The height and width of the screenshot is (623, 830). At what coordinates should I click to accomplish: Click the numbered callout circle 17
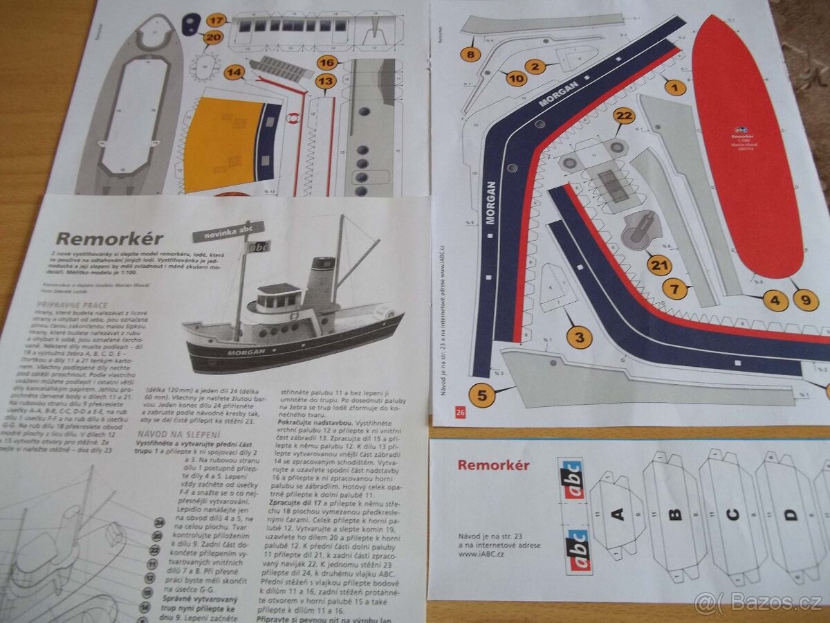pos(218,19)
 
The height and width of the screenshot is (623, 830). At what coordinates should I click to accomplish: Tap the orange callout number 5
pos(482,395)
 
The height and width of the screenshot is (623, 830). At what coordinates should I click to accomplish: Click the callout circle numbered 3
pos(579,337)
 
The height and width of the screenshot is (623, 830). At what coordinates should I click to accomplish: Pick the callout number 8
pos(471,53)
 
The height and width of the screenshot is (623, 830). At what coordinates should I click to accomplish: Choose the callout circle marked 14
pos(235,71)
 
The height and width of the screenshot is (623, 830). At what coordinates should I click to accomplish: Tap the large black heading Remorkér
pos(109,240)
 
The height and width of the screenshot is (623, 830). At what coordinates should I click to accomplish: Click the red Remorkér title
pos(493,465)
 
